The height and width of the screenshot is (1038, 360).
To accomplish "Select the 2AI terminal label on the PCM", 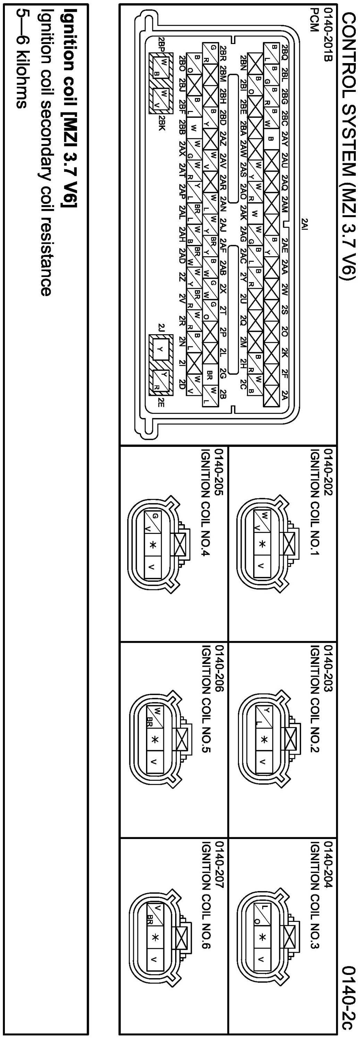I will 306,224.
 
